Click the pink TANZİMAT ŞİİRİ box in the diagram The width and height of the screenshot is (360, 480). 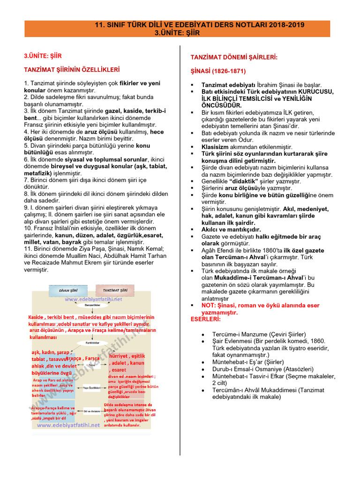click(x=114, y=291)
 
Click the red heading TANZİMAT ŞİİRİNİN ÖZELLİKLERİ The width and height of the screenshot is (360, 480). click(x=72, y=70)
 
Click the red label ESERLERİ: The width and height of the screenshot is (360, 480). click(x=205, y=319)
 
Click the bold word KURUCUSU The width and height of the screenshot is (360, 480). click(x=313, y=91)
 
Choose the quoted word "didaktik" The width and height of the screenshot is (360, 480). click(x=245, y=181)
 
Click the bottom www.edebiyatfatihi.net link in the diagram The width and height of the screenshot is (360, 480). click(x=68, y=425)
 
